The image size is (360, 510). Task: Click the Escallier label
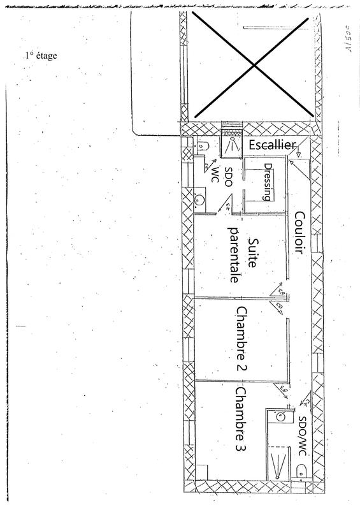[271, 146]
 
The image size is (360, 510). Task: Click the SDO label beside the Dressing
[231, 177]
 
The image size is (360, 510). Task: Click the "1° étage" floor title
[41, 56]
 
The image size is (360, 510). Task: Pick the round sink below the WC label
[199, 199]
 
